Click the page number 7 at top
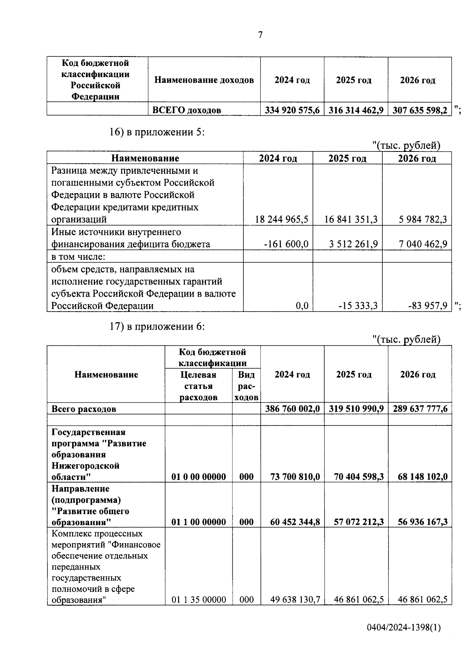[260, 35]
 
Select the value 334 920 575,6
[292, 110]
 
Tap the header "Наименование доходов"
[204, 80]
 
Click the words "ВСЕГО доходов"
[186, 110]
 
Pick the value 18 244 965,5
[281, 219]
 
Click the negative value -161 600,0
[286, 244]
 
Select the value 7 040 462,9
[423, 244]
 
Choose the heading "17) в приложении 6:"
[157, 327]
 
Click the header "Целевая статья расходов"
[198, 386]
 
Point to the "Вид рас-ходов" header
[246, 386]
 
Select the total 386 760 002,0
[292, 409]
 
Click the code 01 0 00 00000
[199, 477]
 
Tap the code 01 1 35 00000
[199, 599]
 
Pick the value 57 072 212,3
[358, 522]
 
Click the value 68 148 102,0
[422, 477]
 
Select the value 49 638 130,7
[295, 599]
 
